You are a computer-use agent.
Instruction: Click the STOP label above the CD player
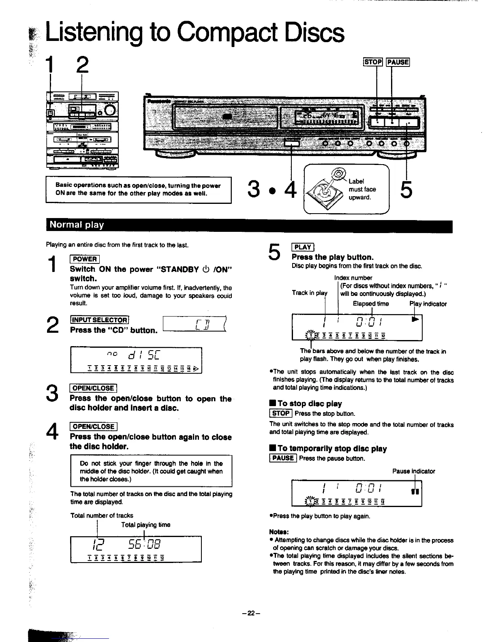pyautogui.click(x=373, y=62)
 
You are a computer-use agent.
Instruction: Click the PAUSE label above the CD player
pyautogui.click(x=398, y=62)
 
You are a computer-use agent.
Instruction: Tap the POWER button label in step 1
pyautogui.click(x=85, y=259)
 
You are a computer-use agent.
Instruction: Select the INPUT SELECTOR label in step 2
pyautogui.click(x=99, y=320)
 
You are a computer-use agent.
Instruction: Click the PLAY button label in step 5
pyautogui.click(x=303, y=247)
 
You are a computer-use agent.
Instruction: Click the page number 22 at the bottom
pyautogui.click(x=251, y=613)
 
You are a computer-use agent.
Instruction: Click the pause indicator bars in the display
pyautogui.click(x=415, y=491)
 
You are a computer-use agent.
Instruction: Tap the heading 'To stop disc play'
pyautogui.click(x=310, y=404)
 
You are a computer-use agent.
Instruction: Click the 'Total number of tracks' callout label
pyautogui.click(x=102, y=516)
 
